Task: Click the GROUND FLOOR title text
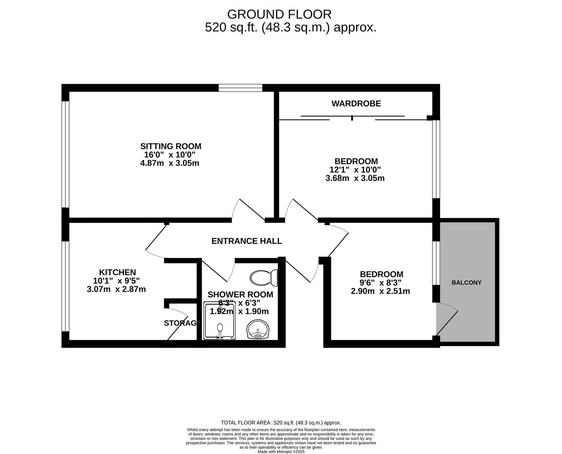pos(279,14)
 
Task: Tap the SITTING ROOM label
pos(171,146)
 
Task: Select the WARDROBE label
pos(356,103)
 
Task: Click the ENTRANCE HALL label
pos(247,241)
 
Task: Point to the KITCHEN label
pos(117,272)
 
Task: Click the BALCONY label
pos(466,282)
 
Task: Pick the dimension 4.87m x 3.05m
pos(170,163)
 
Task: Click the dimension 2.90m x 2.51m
pos(380,291)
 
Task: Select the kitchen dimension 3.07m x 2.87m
pos(116,289)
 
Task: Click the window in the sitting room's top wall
pos(240,88)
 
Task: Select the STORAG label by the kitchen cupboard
pos(180,323)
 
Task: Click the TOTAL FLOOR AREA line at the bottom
pos(281,422)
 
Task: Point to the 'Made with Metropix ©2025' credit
pos(281,451)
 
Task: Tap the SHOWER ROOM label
pos(240,295)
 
